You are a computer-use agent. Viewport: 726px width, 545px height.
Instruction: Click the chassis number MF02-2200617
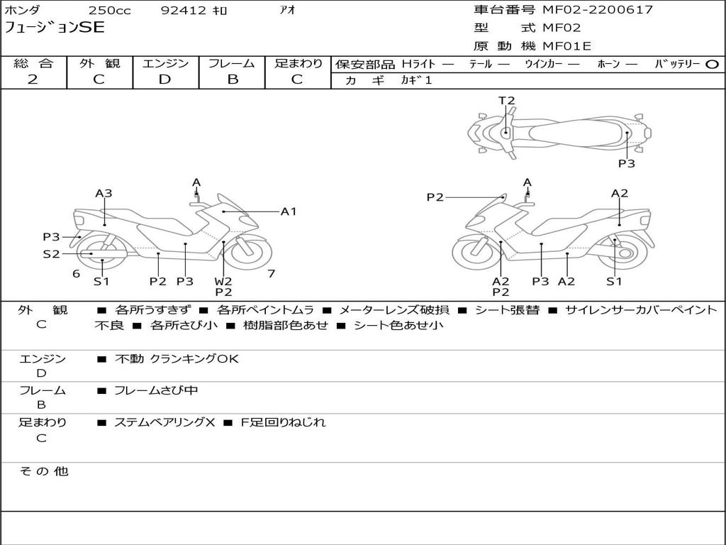[598, 9]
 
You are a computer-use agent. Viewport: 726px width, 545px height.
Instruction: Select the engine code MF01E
[566, 46]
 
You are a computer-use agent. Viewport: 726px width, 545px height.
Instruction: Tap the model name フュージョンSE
[55, 28]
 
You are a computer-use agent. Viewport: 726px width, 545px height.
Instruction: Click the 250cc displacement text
[110, 10]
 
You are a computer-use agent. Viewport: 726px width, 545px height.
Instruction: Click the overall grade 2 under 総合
[33, 79]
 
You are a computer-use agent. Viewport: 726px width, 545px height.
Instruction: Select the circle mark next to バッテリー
[713, 65]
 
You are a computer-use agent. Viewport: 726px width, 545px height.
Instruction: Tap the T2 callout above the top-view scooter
[506, 101]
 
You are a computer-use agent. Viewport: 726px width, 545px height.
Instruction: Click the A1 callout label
[289, 211]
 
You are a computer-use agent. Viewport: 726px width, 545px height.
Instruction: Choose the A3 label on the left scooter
[104, 193]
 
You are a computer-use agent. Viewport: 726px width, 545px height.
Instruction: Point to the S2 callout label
[51, 254]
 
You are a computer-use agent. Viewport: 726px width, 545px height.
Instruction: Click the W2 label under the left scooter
[223, 281]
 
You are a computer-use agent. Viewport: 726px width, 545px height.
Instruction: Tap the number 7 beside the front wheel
[272, 274]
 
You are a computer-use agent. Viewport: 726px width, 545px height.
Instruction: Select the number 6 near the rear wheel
[77, 274]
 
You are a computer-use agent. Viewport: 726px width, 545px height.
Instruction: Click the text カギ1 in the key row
[416, 80]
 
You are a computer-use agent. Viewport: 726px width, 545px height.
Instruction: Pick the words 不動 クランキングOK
[177, 358]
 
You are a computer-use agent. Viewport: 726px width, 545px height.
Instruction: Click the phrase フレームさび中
[156, 391]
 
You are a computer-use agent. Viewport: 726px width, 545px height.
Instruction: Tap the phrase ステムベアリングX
[164, 422]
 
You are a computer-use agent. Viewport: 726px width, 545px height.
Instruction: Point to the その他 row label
[44, 471]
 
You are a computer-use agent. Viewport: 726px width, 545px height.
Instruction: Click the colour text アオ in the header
[288, 10]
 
